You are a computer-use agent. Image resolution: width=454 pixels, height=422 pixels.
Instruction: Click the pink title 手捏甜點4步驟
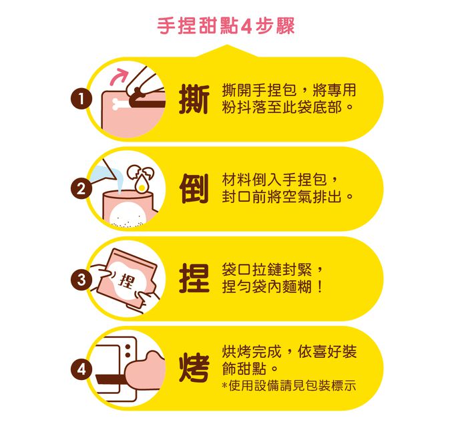point(226,27)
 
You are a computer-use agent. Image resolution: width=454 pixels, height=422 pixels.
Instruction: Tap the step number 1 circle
point(81,100)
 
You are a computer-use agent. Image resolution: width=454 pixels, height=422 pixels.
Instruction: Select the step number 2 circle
point(81,189)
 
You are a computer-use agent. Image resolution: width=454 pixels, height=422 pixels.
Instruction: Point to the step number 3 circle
point(81,280)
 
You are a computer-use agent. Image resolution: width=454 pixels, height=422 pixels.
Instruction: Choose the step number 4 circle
point(81,369)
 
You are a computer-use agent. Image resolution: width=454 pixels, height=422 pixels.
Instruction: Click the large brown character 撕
point(193,100)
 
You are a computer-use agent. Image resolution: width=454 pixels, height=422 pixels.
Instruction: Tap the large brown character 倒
point(193,189)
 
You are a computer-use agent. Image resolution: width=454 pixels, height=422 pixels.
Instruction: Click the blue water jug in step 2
point(103,175)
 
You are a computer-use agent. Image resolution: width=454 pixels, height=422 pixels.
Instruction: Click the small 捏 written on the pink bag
point(124,280)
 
